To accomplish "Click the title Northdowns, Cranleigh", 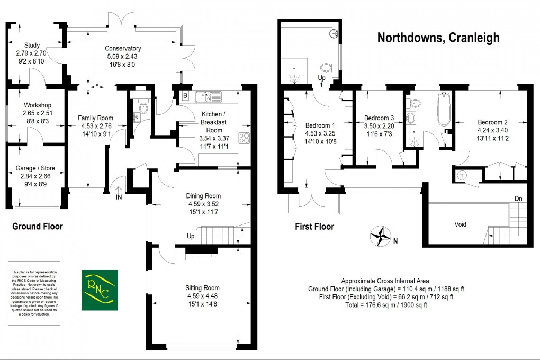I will pos(438,38).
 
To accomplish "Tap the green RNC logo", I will pos(100,290).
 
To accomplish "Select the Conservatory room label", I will pos(123,49).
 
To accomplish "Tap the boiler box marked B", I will pos(185,96).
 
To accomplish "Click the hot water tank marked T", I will pos(461,175).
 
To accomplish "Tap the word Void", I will pos(461,224).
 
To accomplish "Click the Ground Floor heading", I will pos(38,227).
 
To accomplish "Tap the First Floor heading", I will pos(314,227).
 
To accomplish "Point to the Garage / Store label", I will pos(35,168).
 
